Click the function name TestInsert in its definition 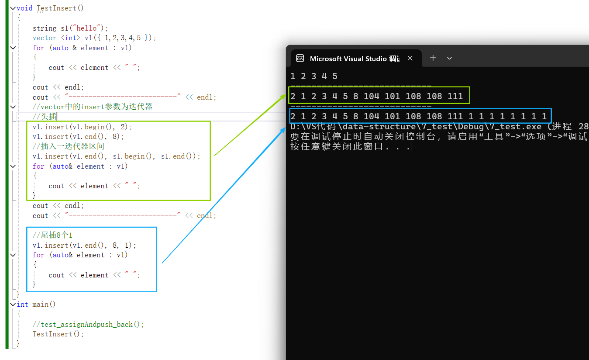point(60,8)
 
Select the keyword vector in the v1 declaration point(45,38)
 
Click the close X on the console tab point(410,58)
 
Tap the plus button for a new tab point(433,58)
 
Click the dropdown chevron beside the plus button point(449,58)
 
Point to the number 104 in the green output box point(371,96)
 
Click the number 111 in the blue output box point(455,116)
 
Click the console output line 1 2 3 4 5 point(314,76)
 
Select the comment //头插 point(45,117)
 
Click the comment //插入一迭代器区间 point(69,146)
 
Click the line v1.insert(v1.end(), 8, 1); point(84,246)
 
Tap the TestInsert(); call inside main point(58,334)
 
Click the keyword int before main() point(22,305)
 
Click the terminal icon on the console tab point(300,58)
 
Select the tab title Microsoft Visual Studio point(348,59)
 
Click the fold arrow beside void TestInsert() point(13,8)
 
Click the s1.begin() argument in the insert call point(133,156)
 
